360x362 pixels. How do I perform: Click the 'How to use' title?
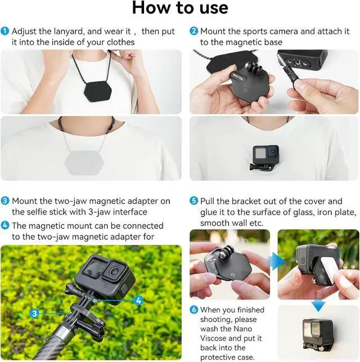click(180, 8)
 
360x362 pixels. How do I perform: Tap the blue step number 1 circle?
click(5, 31)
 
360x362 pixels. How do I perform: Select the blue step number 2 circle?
click(193, 31)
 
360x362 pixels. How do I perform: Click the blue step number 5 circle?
click(193, 201)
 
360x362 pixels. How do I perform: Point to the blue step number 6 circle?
click(193, 310)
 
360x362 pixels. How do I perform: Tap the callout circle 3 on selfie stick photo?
click(34, 313)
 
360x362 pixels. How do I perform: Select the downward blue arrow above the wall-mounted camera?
click(319, 306)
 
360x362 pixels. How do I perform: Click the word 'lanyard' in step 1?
click(66, 31)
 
